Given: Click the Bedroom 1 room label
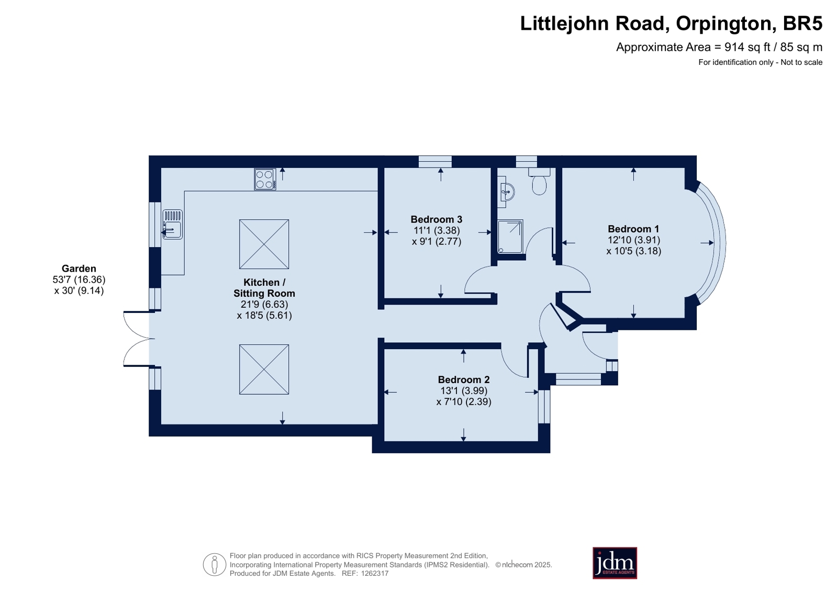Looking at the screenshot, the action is coord(633,229).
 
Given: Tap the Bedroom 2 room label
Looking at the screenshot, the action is coord(464,379).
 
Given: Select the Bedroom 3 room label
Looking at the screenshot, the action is coord(437,219).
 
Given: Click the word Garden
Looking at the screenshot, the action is coord(79,269).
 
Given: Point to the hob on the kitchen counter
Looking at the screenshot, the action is coord(265,180).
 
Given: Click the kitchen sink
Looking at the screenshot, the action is coord(173,224).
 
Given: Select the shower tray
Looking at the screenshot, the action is coord(510,237).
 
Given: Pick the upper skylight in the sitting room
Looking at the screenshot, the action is coord(264,244).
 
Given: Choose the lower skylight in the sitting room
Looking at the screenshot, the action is coord(264,369).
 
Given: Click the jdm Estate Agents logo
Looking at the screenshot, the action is coord(615,563).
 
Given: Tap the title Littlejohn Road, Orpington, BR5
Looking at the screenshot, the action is coord(671,23).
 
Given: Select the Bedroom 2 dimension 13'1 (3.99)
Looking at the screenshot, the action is coord(464,391).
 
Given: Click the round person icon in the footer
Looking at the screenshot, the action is coord(215,564).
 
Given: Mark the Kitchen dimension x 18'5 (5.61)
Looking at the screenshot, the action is coord(264,316).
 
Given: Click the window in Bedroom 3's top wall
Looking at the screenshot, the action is coord(435,161).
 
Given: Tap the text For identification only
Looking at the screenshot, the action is coord(736,62).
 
